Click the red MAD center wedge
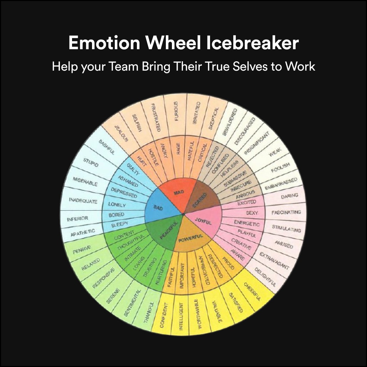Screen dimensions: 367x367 click(178, 194)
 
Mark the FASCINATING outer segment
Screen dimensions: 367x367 click(286, 213)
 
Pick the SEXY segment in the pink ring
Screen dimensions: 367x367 click(252, 213)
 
